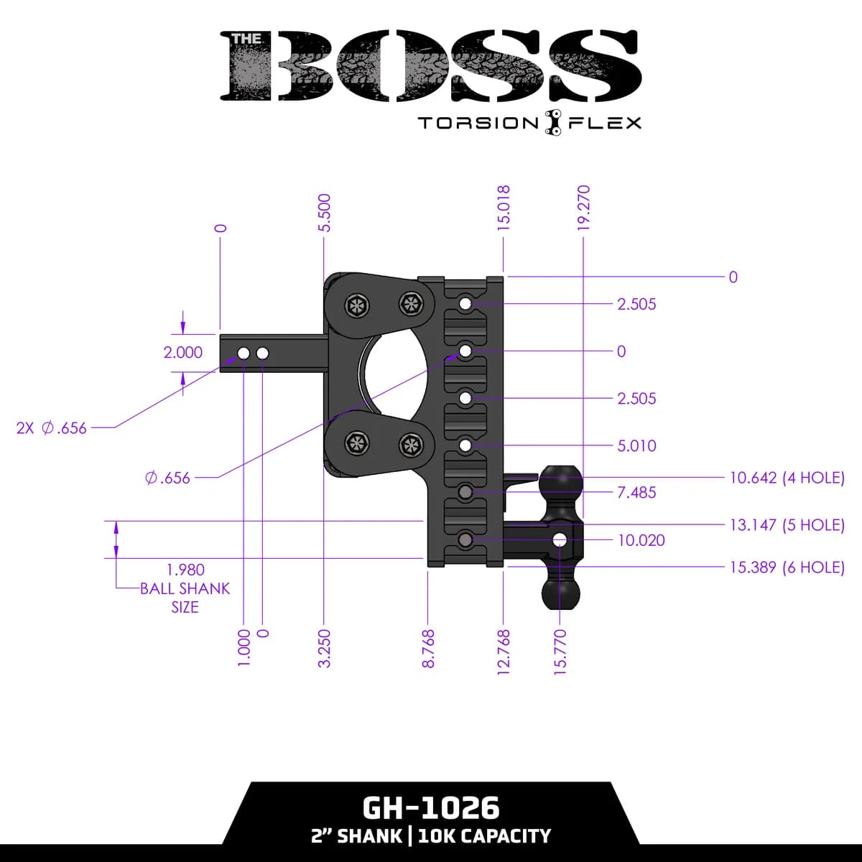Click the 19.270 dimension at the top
(583, 208)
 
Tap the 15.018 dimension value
(504, 208)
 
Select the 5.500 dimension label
(324, 212)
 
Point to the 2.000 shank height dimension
(183, 353)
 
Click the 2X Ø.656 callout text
(51, 428)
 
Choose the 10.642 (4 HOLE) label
(787, 477)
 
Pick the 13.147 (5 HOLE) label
(787, 524)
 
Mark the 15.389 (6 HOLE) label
(787, 567)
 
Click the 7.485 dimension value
(636, 493)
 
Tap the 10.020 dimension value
(641, 540)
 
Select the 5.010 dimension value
(636, 445)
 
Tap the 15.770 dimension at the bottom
(561, 652)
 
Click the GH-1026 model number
(431, 808)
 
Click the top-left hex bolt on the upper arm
(356, 305)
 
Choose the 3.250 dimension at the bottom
(324, 649)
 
